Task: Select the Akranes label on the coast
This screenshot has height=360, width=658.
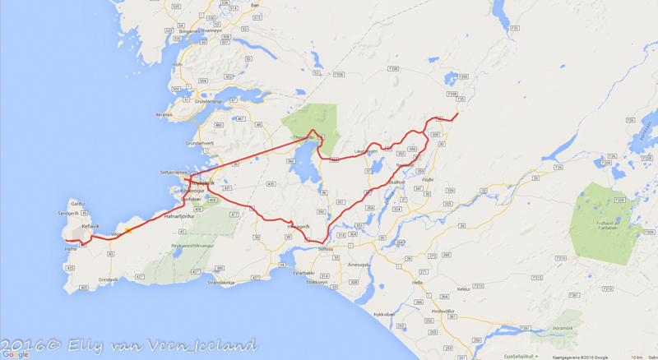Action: pos(163,115)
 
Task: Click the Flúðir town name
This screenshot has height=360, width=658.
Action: pos(428,178)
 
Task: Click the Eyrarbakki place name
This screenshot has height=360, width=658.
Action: pos(303,273)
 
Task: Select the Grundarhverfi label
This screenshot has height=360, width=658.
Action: pos(200,143)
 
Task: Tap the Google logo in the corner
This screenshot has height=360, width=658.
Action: pos(15,354)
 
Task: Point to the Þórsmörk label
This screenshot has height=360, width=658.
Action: pos(548,337)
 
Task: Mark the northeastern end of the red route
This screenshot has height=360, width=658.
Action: pos(456,113)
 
